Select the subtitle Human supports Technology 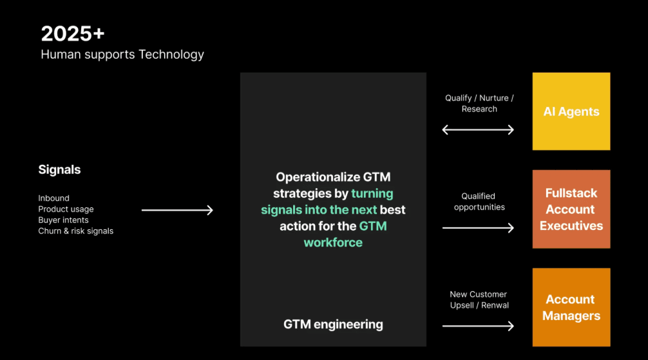tap(122, 55)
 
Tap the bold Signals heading tap(59, 170)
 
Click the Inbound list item tap(53, 198)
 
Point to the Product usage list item tap(66, 209)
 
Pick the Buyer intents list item tap(63, 220)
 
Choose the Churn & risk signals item tap(75, 231)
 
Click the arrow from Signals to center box tap(177, 210)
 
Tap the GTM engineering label tap(333, 325)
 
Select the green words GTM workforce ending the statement tap(345, 234)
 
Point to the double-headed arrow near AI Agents tap(478, 129)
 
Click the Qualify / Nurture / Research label tap(479, 104)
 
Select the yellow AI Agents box tap(571, 111)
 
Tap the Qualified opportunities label tap(479, 202)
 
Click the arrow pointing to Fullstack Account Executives tap(478, 227)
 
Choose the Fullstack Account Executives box tap(571, 209)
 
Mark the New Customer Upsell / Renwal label tap(479, 299)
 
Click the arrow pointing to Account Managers tap(478, 325)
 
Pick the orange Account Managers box tap(571, 307)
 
